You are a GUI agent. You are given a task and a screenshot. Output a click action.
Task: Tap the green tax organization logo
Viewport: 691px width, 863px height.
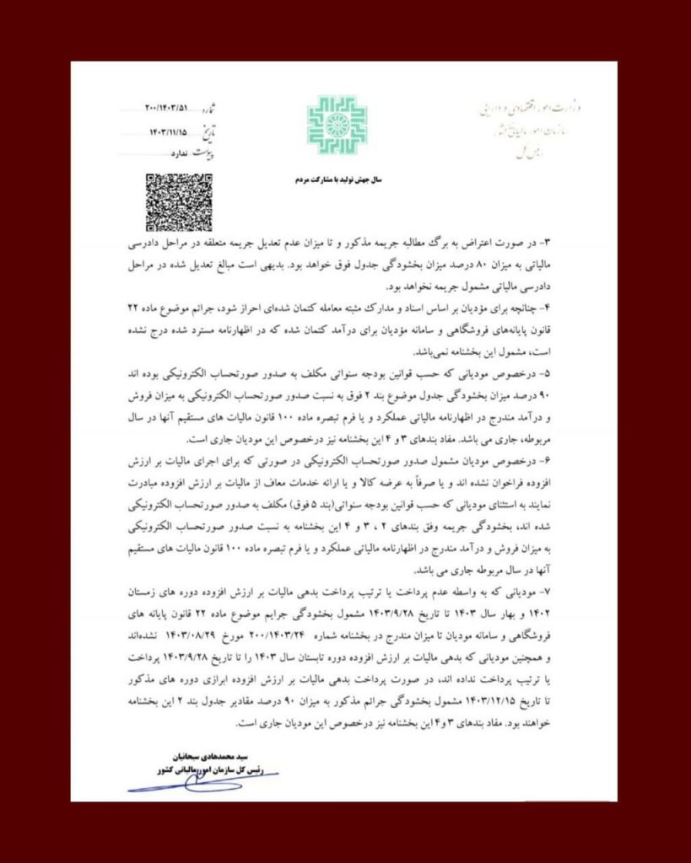[336, 125]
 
